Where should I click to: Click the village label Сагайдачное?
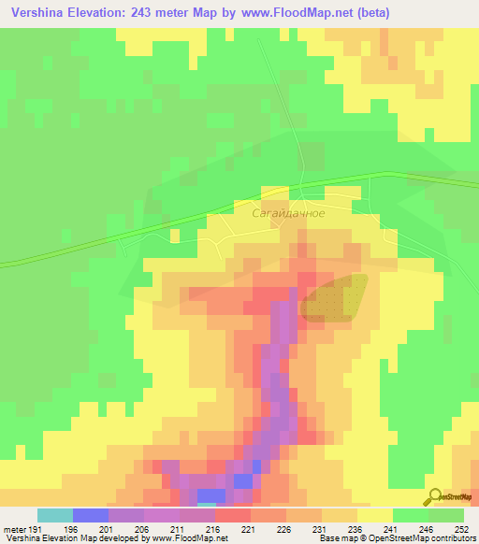point(289,213)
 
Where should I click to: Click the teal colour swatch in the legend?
point(55,515)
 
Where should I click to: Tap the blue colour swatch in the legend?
point(91,515)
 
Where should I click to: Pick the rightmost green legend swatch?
point(446,515)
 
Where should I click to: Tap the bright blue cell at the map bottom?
point(211,494)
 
